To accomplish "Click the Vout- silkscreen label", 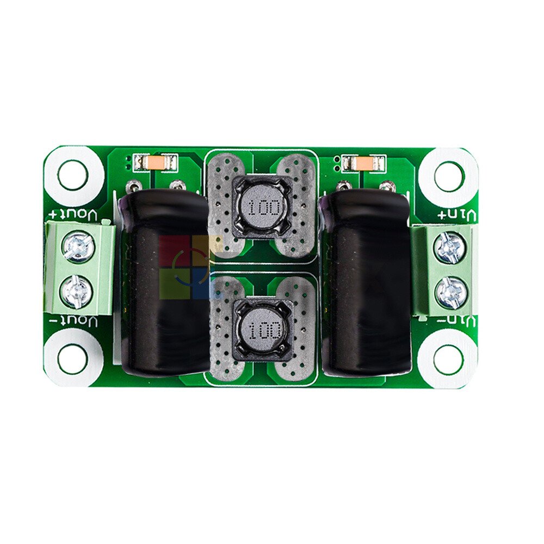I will (75, 320).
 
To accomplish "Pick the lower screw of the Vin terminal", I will (451, 292).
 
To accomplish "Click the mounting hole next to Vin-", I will (449, 359).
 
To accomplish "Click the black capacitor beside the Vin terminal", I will (367, 283).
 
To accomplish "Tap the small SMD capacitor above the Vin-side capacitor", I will (361, 162).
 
